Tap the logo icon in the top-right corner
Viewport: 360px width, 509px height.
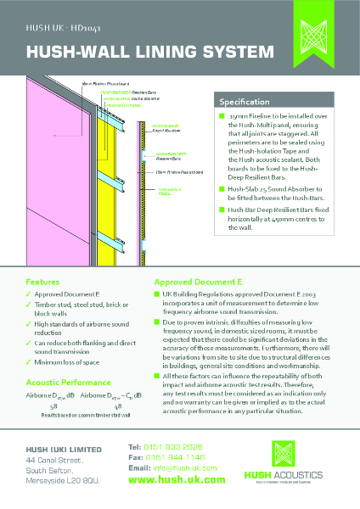click(329, 34)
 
